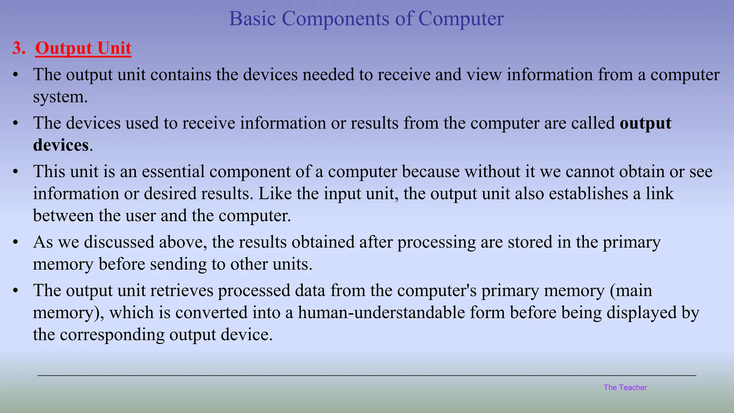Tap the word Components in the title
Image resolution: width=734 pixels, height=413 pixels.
click(x=335, y=19)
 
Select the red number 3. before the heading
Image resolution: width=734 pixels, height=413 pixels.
click(x=19, y=48)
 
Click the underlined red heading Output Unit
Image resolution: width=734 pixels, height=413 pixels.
click(x=83, y=48)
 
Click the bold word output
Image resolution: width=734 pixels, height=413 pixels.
click(x=645, y=123)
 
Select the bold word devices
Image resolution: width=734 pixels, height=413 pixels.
click(x=61, y=145)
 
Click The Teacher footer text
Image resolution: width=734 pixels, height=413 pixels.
click(x=625, y=388)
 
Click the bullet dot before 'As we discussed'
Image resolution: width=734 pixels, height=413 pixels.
click(x=15, y=243)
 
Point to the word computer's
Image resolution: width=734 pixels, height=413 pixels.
click(x=437, y=290)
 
